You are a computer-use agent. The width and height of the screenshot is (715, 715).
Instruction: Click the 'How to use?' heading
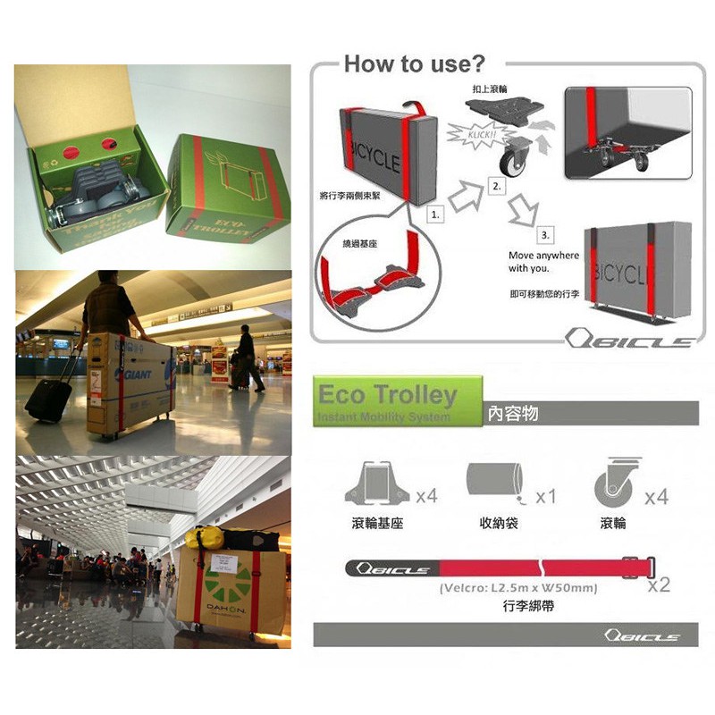pyautogui.click(x=414, y=63)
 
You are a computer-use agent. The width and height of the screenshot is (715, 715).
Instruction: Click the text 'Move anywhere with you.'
pyautogui.click(x=543, y=262)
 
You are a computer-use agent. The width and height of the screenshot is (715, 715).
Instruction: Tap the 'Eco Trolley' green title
pyautogui.click(x=387, y=395)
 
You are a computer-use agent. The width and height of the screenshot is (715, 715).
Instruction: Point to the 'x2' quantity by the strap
pyautogui.click(x=659, y=585)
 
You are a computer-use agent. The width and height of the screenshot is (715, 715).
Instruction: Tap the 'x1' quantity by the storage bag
pyautogui.click(x=545, y=496)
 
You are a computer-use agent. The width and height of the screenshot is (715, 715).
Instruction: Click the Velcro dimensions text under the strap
pyautogui.click(x=517, y=589)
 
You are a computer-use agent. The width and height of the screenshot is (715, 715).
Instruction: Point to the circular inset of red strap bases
pyautogui.click(x=366, y=275)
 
